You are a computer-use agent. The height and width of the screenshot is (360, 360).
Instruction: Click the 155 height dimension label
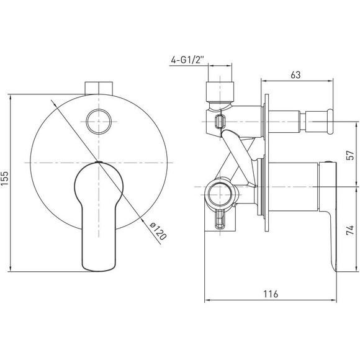tap(5, 178)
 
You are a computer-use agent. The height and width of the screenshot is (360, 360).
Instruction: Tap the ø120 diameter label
tap(158, 231)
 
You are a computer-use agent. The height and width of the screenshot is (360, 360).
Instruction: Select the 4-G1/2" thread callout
tap(187, 60)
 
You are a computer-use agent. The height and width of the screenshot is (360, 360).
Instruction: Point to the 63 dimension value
tap(295, 75)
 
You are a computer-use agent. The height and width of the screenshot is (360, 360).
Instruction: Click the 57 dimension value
tap(350, 155)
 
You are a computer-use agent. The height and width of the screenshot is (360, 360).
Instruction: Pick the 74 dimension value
tap(350, 230)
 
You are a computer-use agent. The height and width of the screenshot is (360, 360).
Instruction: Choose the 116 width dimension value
tap(271, 294)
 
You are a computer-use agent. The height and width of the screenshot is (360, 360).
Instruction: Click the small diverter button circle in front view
tap(99, 122)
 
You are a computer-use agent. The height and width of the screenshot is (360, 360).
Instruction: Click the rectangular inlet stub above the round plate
tap(99, 88)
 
